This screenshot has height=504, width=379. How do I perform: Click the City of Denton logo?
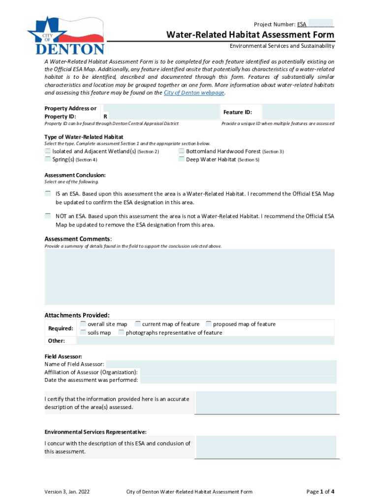pos(66,35)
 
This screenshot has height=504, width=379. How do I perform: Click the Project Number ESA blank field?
pos(321,24)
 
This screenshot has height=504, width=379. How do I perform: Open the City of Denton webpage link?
pos(194,93)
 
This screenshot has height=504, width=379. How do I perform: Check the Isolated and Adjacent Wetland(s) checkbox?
pos(48,151)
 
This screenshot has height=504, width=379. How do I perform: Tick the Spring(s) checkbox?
pos(48,159)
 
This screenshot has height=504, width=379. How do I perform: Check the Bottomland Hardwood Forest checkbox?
pos(182,151)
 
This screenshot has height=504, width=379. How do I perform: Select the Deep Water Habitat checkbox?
pos(182,159)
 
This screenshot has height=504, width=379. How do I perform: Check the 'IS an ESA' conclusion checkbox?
pos(48,193)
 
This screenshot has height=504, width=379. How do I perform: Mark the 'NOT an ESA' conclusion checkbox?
pos(48,216)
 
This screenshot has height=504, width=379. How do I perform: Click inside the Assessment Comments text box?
pos(189,276)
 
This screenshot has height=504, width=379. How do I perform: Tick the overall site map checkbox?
pos(83,324)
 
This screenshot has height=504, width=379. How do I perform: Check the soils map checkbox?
pos(83,332)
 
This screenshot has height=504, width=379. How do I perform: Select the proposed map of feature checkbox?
pos(209,324)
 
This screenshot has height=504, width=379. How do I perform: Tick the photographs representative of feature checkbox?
pos(121,332)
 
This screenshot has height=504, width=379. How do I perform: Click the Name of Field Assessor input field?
pos(221,364)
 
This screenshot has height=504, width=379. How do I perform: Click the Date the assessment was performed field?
pos(238,380)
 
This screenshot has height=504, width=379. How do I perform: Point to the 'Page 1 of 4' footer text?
pos(320,491)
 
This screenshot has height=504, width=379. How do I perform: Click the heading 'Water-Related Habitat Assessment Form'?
pos(250,35)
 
